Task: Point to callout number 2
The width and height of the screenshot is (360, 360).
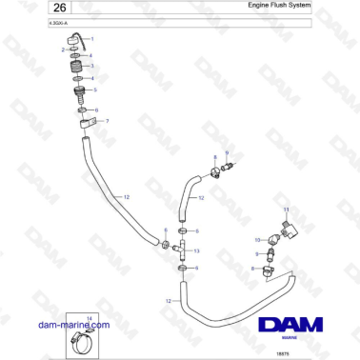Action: (x=63, y=49)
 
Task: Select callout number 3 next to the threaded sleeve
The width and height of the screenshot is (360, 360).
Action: (x=91, y=67)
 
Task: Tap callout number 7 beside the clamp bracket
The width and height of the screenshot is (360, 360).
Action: (x=107, y=121)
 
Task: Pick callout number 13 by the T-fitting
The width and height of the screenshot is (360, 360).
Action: (x=197, y=250)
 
